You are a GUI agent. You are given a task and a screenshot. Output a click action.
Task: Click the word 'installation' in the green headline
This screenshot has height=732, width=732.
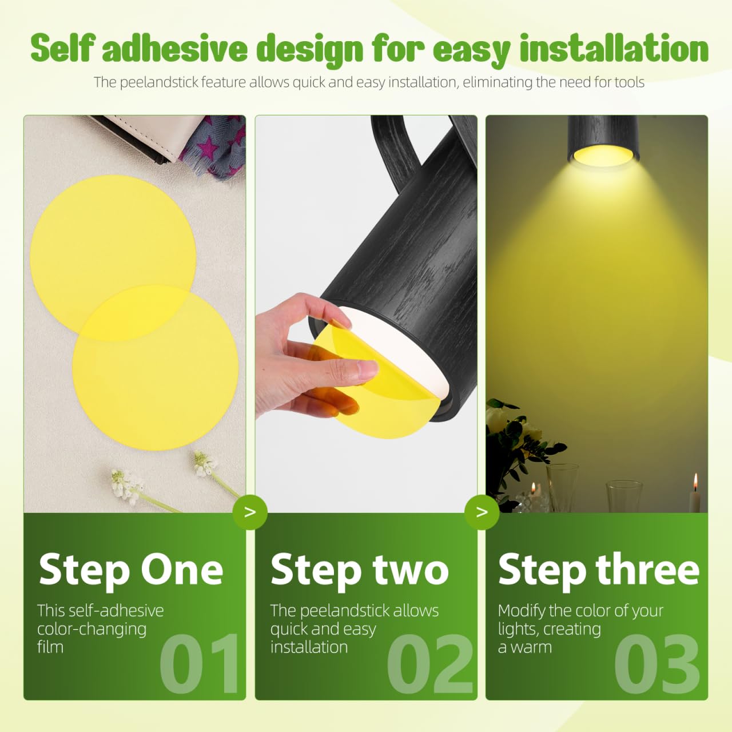[614, 48]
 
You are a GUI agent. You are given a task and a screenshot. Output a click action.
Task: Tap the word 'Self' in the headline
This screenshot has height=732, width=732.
[63, 47]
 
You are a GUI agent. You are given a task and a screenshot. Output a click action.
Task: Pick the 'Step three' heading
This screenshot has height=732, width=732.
[599, 570]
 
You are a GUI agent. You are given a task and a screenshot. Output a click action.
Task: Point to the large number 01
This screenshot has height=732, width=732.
[200, 665]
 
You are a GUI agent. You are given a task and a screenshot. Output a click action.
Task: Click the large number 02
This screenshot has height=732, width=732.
[429, 665]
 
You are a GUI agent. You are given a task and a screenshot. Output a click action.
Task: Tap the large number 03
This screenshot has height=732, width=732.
[657, 665]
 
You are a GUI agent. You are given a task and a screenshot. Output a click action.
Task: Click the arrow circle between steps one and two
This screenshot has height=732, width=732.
[250, 512]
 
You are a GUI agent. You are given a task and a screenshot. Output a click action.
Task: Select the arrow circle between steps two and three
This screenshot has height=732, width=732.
[482, 512]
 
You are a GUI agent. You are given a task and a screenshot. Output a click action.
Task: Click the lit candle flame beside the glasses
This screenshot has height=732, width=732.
[695, 481]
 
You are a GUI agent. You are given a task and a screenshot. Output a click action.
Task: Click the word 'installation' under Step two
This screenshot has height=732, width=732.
[309, 647]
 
